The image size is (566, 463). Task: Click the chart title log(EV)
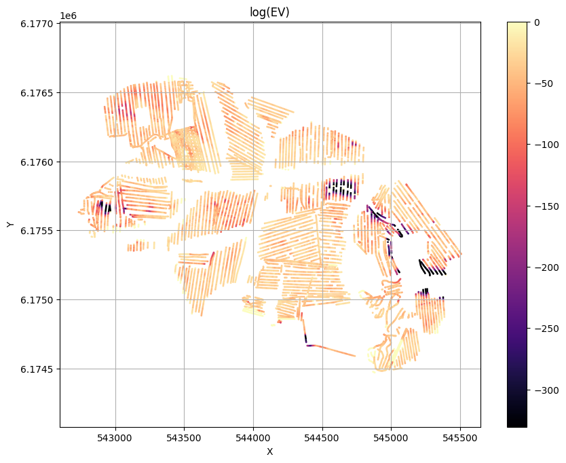pyautogui.click(x=269, y=12)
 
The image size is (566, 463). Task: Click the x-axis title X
pyautogui.click(x=269, y=451)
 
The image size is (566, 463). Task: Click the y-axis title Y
pyautogui.click(x=10, y=225)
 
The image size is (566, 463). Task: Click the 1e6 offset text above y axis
pyautogui.click(x=68, y=16)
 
